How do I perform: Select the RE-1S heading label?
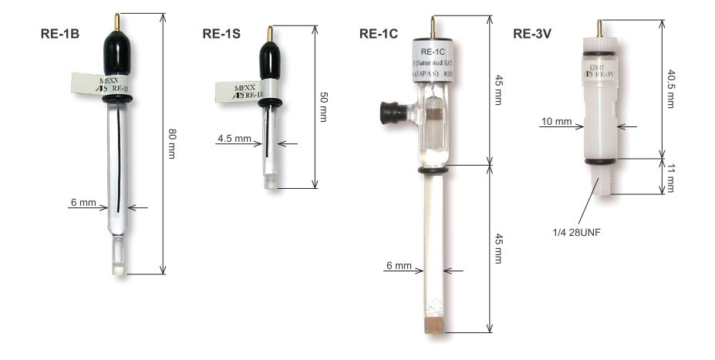[221, 34]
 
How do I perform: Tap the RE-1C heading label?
[379, 34]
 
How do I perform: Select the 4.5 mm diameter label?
[234, 140]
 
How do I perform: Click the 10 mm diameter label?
[556, 122]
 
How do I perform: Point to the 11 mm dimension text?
[670, 177]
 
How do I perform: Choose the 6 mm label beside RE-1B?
[83, 204]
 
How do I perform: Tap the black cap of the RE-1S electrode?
[269, 58]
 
